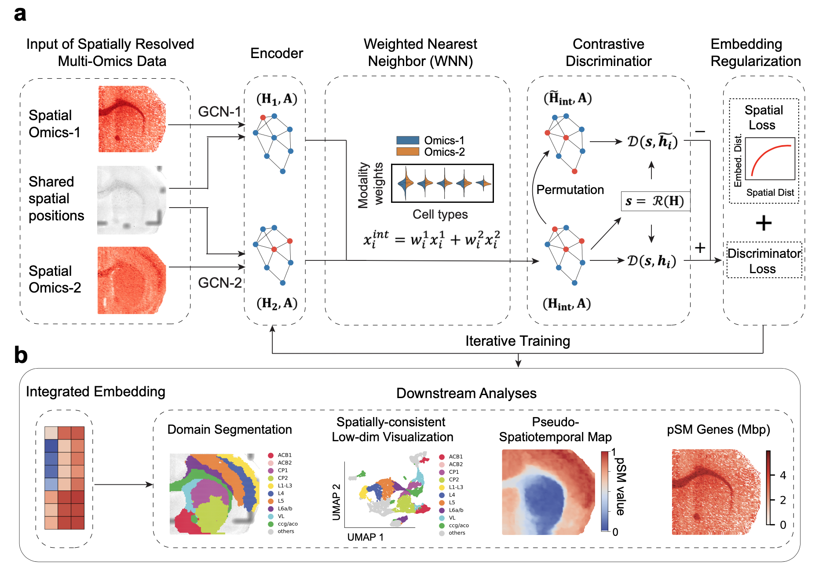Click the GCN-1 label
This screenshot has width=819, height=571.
click(x=219, y=112)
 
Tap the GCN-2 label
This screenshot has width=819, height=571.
click(x=219, y=282)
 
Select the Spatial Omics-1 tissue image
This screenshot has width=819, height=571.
click(x=132, y=119)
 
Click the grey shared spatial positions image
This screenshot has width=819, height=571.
click(x=132, y=200)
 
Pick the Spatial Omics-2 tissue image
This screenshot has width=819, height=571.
click(x=132, y=280)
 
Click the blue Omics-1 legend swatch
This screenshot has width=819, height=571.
click(x=407, y=140)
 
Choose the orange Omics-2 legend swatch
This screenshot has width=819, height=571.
click(x=407, y=152)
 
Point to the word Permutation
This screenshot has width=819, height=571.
click(x=570, y=190)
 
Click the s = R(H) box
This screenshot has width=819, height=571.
click(x=655, y=201)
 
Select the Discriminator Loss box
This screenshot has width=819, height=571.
click(x=764, y=260)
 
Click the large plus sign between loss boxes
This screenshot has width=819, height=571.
click(x=764, y=223)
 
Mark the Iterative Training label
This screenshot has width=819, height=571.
click(x=518, y=341)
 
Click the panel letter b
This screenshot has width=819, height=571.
click(x=21, y=355)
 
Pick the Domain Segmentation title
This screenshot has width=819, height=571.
click(x=230, y=429)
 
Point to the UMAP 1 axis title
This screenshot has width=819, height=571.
click(x=366, y=537)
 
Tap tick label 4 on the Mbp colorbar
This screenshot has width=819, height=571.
click(x=783, y=475)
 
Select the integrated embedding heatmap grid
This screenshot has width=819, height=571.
click(x=64, y=478)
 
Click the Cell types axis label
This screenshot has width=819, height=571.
click(x=440, y=214)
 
